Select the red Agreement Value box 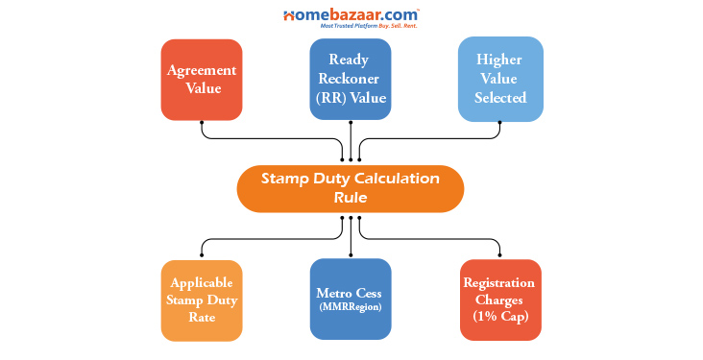click(x=201, y=80)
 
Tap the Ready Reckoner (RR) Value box click(x=351, y=80)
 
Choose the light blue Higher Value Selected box click(x=500, y=80)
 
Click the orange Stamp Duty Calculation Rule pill click(x=351, y=189)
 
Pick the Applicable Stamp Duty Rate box click(x=201, y=300)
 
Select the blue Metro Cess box click(x=351, y=299)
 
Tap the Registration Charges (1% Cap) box click(x=500, y=300)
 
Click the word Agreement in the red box click(x=201, y=71)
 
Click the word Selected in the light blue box click(x=500, y=98)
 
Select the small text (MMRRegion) click(x=351, y=308)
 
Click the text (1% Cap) click(x=500, y=316)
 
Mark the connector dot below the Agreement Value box click(x=201, y=124)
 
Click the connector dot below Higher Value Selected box click(x=500, y=124)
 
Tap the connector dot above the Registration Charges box click(x=500, y=254)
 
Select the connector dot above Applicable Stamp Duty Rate click(x=201, y=254)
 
